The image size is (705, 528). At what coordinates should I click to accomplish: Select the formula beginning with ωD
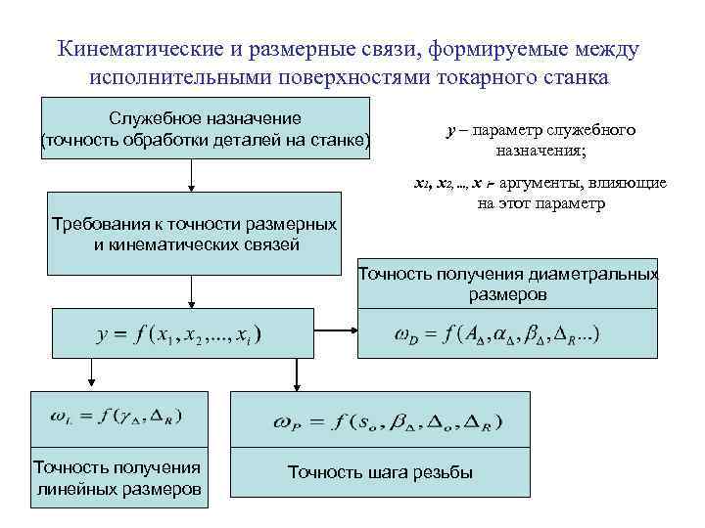pyautogui.click(x=497, y=334)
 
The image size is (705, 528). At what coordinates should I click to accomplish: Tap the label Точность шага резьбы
pyautogui.click(x=380, y=473)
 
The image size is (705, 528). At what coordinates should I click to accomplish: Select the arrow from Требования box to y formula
pyautogui.click(x=192, y=291)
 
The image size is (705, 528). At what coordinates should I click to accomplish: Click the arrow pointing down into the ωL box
pyautogui.click(x=92, y=373)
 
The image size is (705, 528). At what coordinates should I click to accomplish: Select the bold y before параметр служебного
pyautogui.click(x=449, y=130)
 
